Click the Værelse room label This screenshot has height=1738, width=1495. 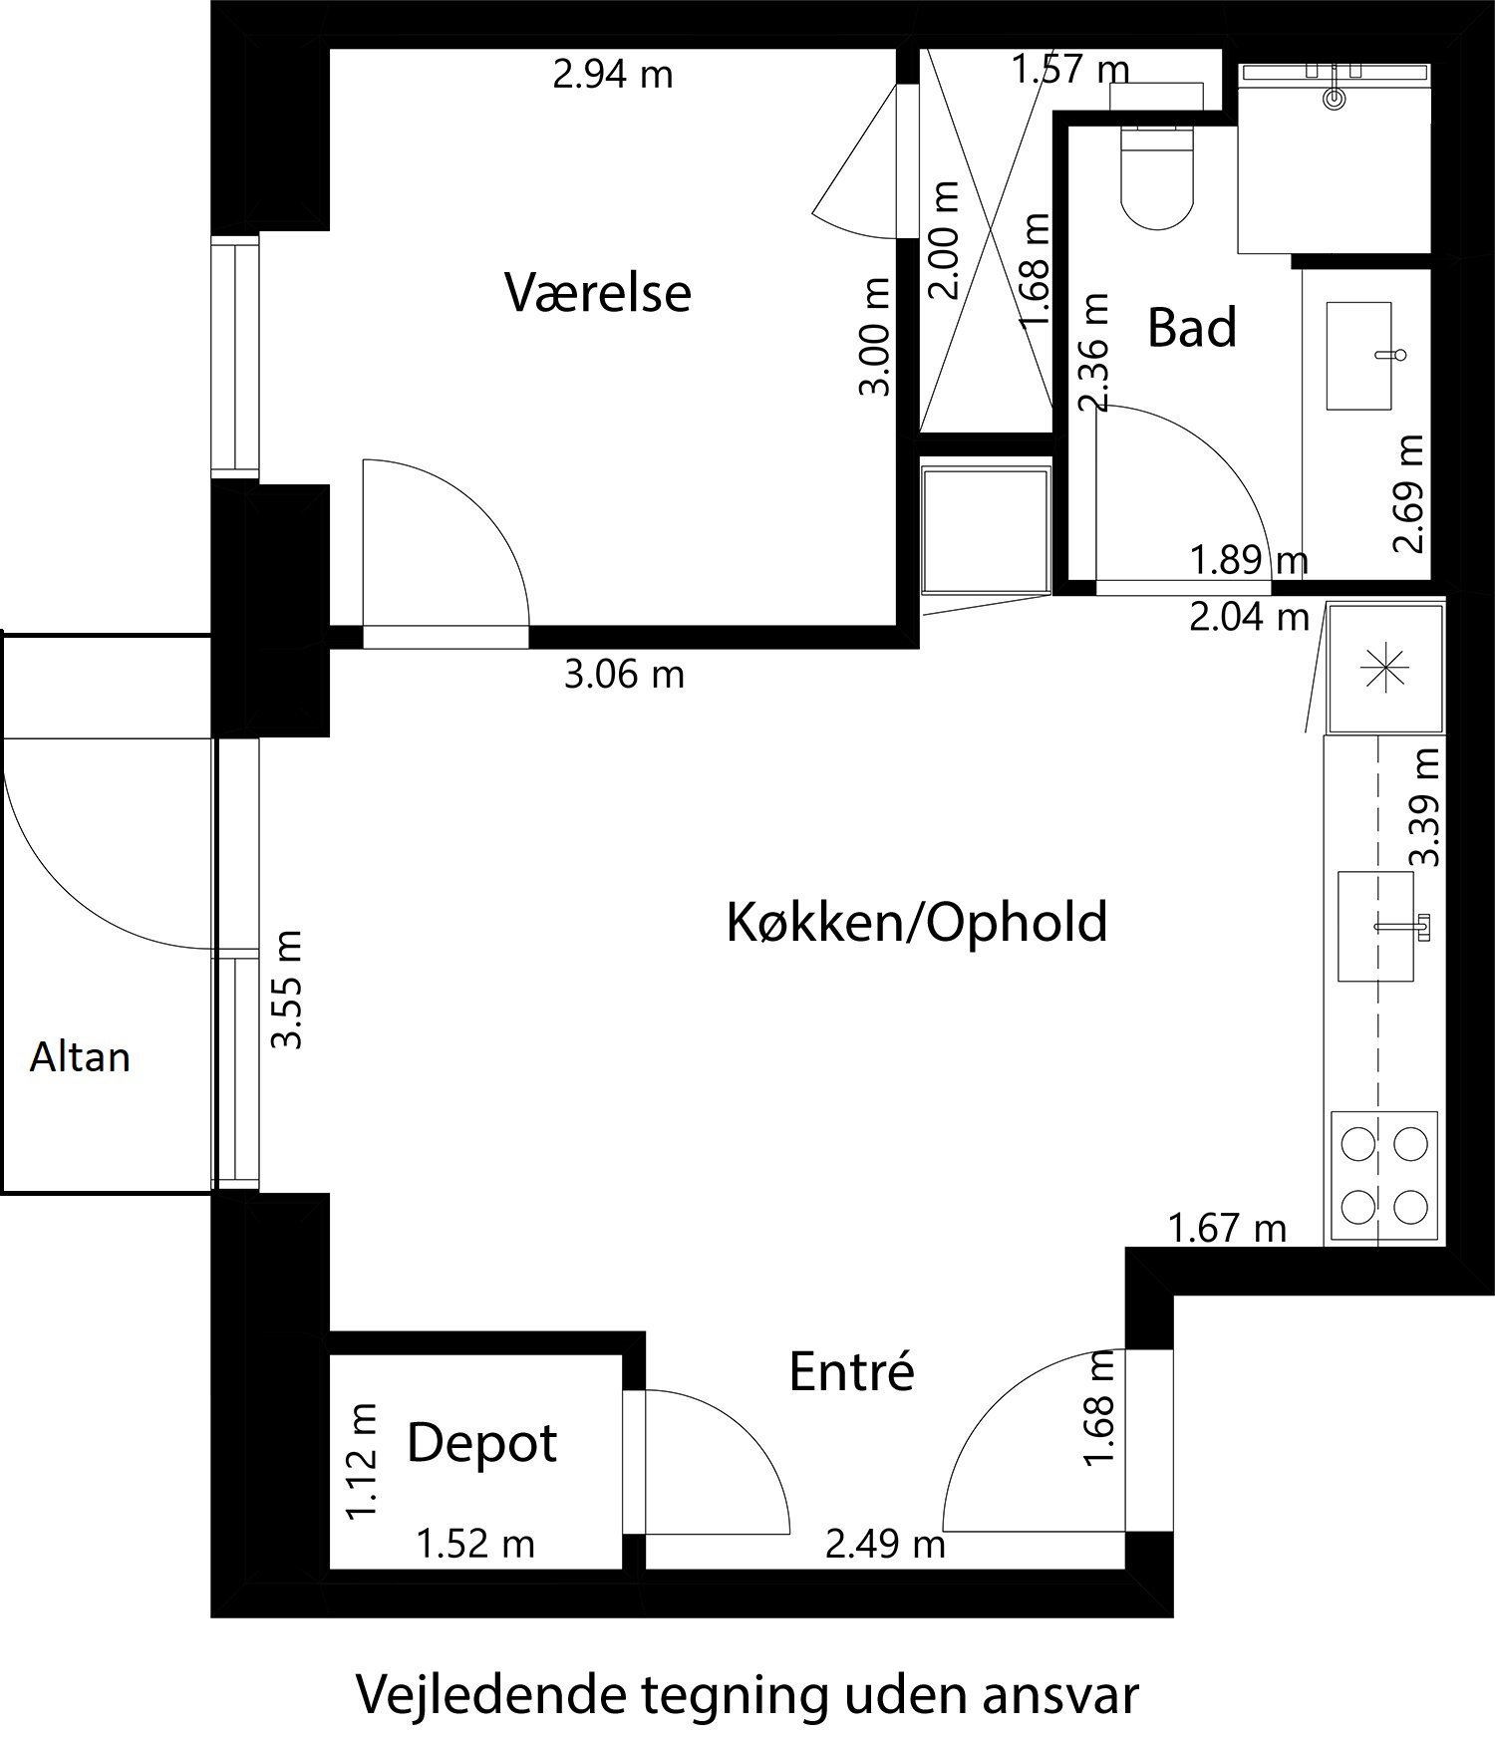[x=597, y=293]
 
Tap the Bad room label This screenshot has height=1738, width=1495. [x=1191, y=328]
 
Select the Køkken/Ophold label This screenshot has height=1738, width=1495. [x=916, y=922]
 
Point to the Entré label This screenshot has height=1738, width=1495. [x=851, y=1372]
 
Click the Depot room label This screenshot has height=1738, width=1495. [x=481, y=1442]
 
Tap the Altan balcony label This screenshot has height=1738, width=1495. [x=80, y=1056]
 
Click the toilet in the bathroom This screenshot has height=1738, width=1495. [x=1157, y=177]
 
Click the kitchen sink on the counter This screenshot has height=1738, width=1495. [x=1376, y=926]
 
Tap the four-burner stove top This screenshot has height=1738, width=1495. [x=1383, y=1177]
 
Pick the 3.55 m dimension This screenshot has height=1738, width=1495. [x=288, y=989]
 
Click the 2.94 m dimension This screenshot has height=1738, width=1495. [x=613, y=75]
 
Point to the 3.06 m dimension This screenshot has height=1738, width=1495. [x=624, y=675]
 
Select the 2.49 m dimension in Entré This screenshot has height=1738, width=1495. [x=885, y=1545]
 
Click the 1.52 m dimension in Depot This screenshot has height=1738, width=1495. [x=475, y=1545]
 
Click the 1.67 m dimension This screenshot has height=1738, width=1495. [x=1227, y=1229]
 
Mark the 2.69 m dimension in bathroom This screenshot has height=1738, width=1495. [x=1409, y=493]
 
